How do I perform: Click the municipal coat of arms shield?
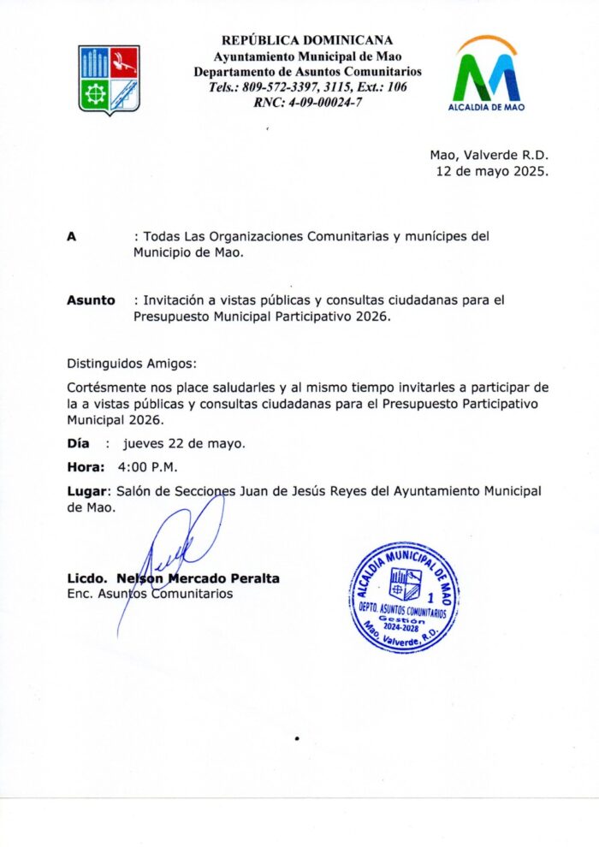click(x=109, y=80)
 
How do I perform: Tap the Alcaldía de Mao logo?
click(x=487, y=74)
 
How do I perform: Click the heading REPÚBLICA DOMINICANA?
click(x=307, y=40)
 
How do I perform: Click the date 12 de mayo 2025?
click(x=492, y=171)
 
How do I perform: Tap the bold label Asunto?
click(x=91, y=300)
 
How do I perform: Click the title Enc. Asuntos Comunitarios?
click(x=150, y=593)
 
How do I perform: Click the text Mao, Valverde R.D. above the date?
click(x=489, y=155)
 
